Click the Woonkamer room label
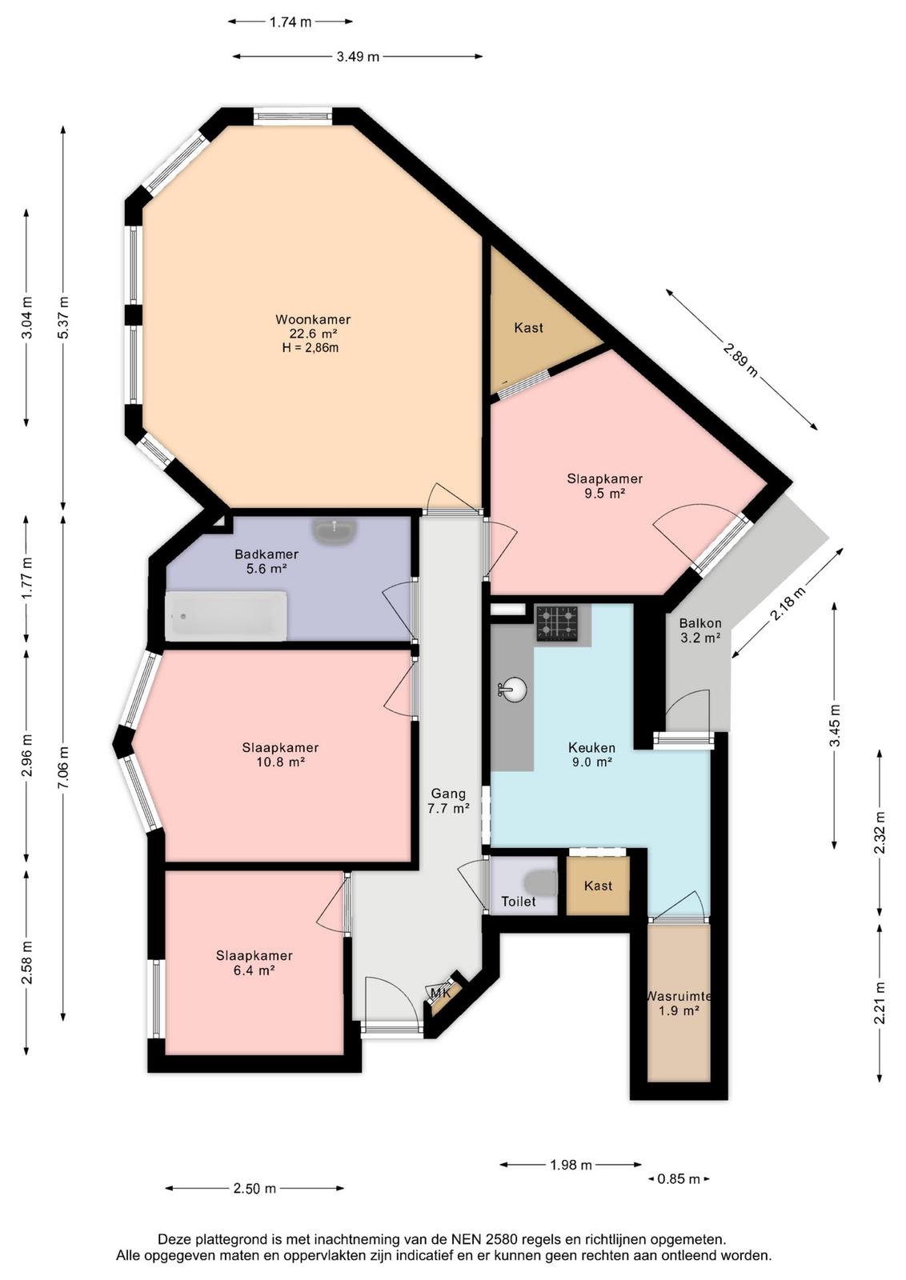coord(313,319)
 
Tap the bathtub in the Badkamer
coord(226,615)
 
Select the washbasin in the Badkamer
coord(335,531)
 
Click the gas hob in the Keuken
coord(556,623)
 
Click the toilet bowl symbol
coord(542,883)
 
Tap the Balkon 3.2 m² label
coord(700,630)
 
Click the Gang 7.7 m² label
coord(448,801)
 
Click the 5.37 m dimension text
coord(63,318)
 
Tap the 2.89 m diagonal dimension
coord(741,359)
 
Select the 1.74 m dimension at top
coord(291,22)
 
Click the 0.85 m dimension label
coord(679,1179)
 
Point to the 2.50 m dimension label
coord(255,1189)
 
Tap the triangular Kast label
coord(528,328)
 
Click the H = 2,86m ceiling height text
coord(311,347)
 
